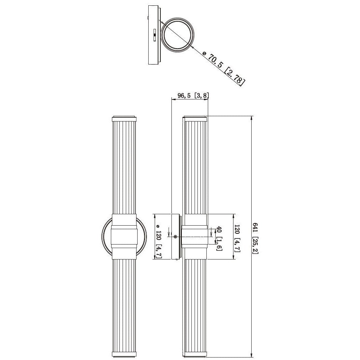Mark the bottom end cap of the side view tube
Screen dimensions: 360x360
coord(195,354)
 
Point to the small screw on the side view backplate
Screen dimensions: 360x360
coord(175,237)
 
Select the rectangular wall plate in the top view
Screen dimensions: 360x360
coord(154,35)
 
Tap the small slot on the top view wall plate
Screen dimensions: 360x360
coord(154,35)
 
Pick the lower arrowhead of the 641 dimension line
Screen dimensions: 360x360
coord(252,354)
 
